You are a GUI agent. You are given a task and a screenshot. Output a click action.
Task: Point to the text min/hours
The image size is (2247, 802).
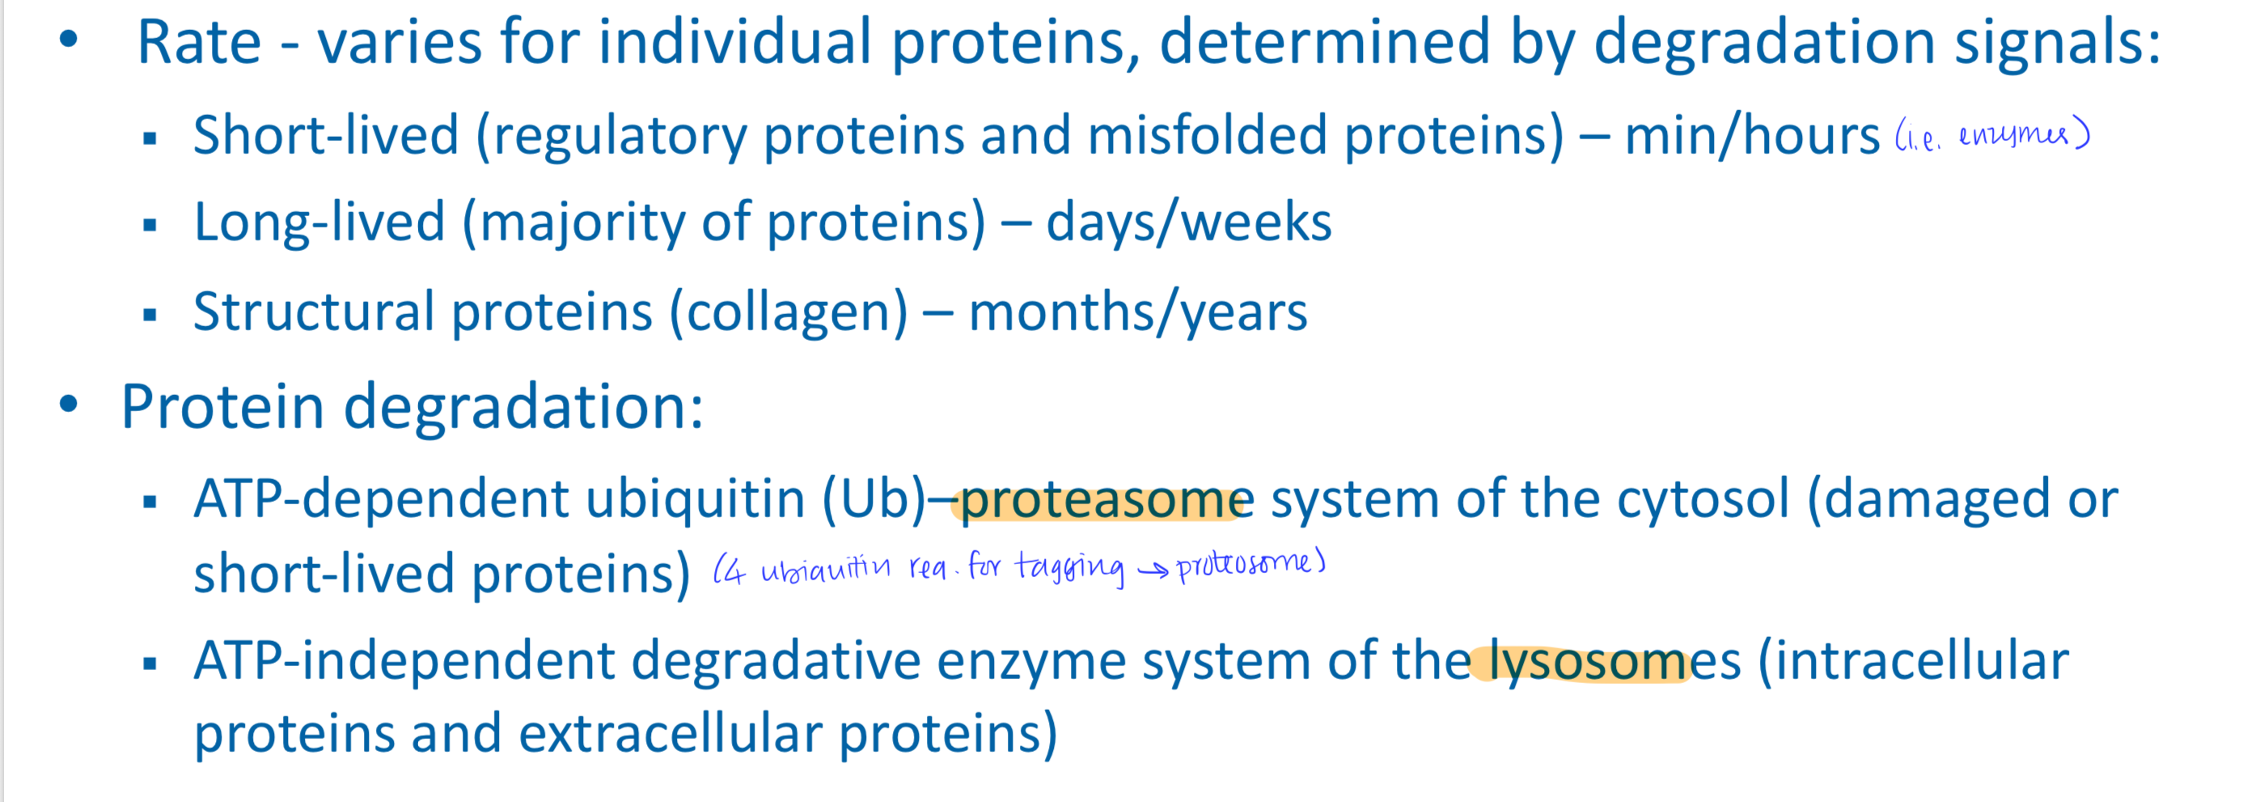coord(1751,136)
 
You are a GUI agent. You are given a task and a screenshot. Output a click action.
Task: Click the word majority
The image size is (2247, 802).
coord(582,223)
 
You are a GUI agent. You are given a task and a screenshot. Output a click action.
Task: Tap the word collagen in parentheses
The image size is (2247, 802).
coord(789,312)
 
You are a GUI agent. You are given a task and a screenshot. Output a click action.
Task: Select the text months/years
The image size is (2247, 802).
coord(1137,312)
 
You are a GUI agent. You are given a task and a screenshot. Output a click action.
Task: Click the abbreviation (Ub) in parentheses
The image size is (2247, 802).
coord(874,500)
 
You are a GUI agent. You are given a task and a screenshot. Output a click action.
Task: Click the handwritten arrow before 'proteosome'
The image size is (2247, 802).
coord(1153,571)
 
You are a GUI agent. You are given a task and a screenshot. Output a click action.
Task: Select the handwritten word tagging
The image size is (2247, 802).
coord(1069,568)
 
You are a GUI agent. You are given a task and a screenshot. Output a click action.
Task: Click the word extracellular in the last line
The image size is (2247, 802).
coord(670,734)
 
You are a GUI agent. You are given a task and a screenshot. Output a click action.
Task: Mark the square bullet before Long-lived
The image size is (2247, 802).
coord(150,225)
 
